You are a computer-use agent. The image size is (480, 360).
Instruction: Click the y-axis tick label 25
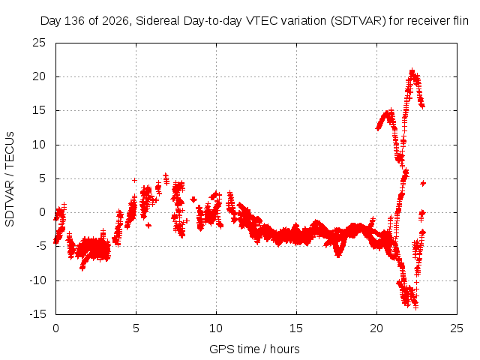point(39,43)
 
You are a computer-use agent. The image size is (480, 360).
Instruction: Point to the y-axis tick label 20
point(39,76)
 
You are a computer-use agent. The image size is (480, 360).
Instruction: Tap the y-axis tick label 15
point(39,110)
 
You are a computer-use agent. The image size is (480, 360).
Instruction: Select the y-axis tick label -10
point(37,280)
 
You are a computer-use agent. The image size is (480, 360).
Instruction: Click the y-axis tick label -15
point(37,314)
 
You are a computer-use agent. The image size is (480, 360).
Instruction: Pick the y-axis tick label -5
point(40,247)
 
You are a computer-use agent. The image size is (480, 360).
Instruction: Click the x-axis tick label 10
point(216,328)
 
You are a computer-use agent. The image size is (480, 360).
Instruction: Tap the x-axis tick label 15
point(296,328)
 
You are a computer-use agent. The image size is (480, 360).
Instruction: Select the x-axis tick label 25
point(457,328)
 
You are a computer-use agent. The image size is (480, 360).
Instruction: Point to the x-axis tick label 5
point(136,328)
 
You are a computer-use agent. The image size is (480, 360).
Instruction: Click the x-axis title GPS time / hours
point(254,349)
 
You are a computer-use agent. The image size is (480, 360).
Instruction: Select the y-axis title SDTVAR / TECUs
point(10,179)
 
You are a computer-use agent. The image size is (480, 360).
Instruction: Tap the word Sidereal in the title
point(157,21)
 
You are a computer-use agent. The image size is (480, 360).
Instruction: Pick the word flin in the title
point(460,21)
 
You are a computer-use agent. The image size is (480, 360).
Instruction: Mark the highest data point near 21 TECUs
point(412,70)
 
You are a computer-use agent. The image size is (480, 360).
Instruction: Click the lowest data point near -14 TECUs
point(415,307)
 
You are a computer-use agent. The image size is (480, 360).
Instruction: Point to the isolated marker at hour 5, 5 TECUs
point(134,180)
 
